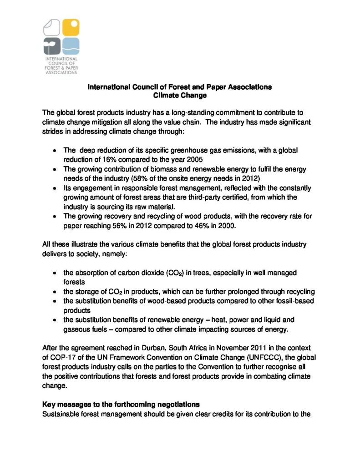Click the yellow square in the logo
point(71,28)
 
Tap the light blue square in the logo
point(71,46)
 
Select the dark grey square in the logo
point(51,46)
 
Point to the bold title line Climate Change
point(180,96)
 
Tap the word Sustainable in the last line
point(61,414)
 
